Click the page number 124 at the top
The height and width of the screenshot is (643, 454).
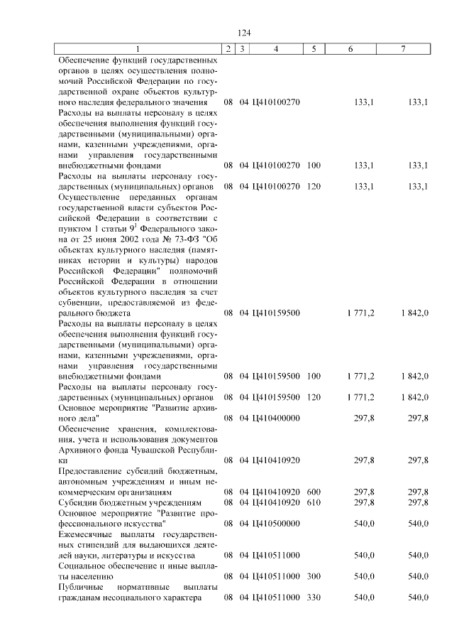click(245, 33)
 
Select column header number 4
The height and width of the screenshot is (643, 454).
click(275, 48)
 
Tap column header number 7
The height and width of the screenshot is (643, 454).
click(403, 48)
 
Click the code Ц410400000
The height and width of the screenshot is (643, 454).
click(276, 418)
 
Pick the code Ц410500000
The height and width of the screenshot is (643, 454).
click(276, 524)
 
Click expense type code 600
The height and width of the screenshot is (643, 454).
click(314, 492)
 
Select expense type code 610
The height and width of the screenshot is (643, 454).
click(314, 502)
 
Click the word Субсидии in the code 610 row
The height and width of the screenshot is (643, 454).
click(77, 502)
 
